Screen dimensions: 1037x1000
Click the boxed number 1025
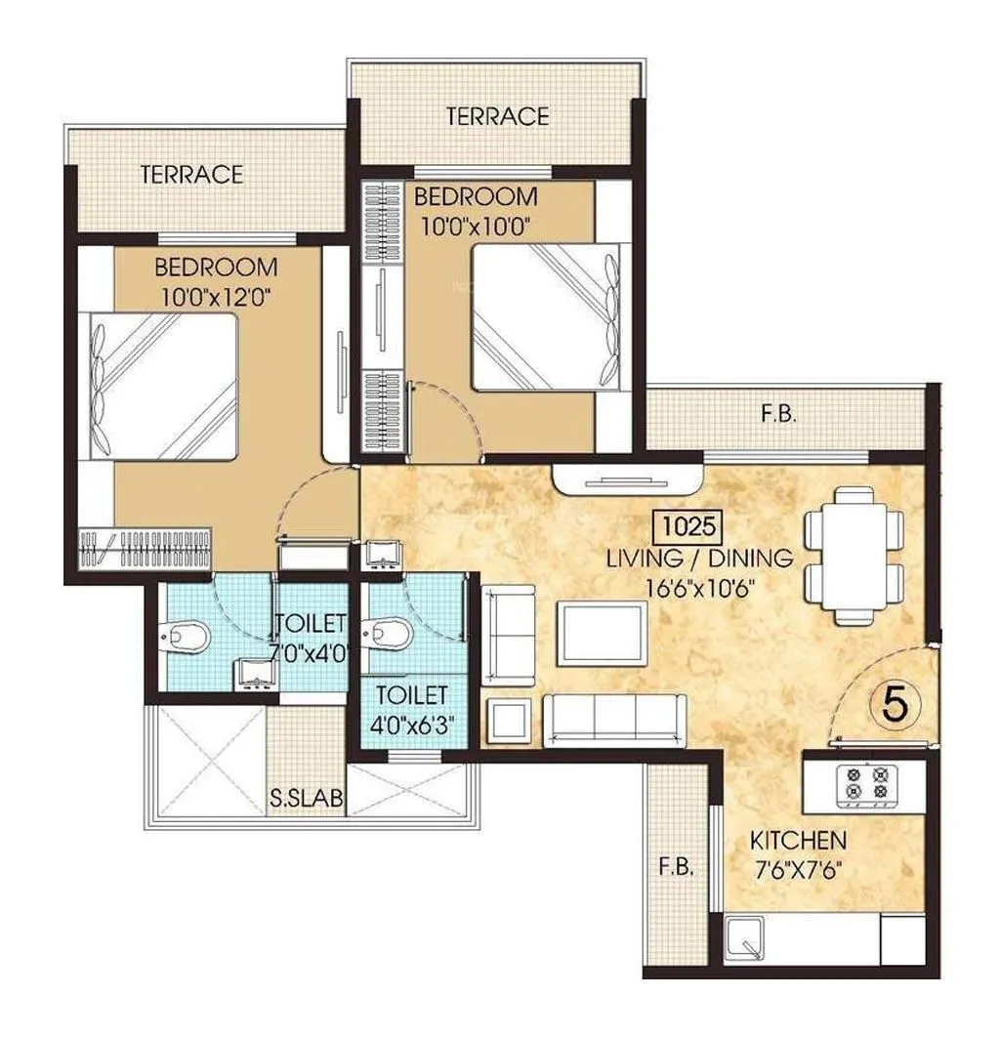pos(687,527)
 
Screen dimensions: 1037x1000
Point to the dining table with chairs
pos(853,554)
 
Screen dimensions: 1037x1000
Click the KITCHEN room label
pos(797,840)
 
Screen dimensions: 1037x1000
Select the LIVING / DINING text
pos(699,559)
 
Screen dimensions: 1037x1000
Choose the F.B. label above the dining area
pos(778,414)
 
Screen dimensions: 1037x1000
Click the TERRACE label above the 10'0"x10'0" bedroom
pos(497,116)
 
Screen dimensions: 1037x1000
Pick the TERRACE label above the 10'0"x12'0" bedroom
pos(191,175)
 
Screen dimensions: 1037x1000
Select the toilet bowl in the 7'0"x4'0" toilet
pos(186,638)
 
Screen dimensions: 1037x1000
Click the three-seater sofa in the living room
pos(613,721)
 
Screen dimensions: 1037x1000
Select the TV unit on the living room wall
pos(625,478)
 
